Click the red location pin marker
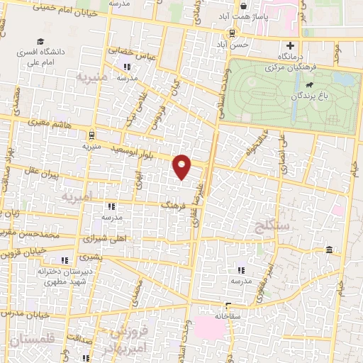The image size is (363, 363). [182, 166]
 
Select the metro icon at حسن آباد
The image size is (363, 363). [232, 33]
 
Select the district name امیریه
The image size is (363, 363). [77, 195]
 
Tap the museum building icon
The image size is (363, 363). [330, 250]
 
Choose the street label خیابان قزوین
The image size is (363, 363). [23, 252]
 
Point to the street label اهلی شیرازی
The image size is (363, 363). [104, 239]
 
